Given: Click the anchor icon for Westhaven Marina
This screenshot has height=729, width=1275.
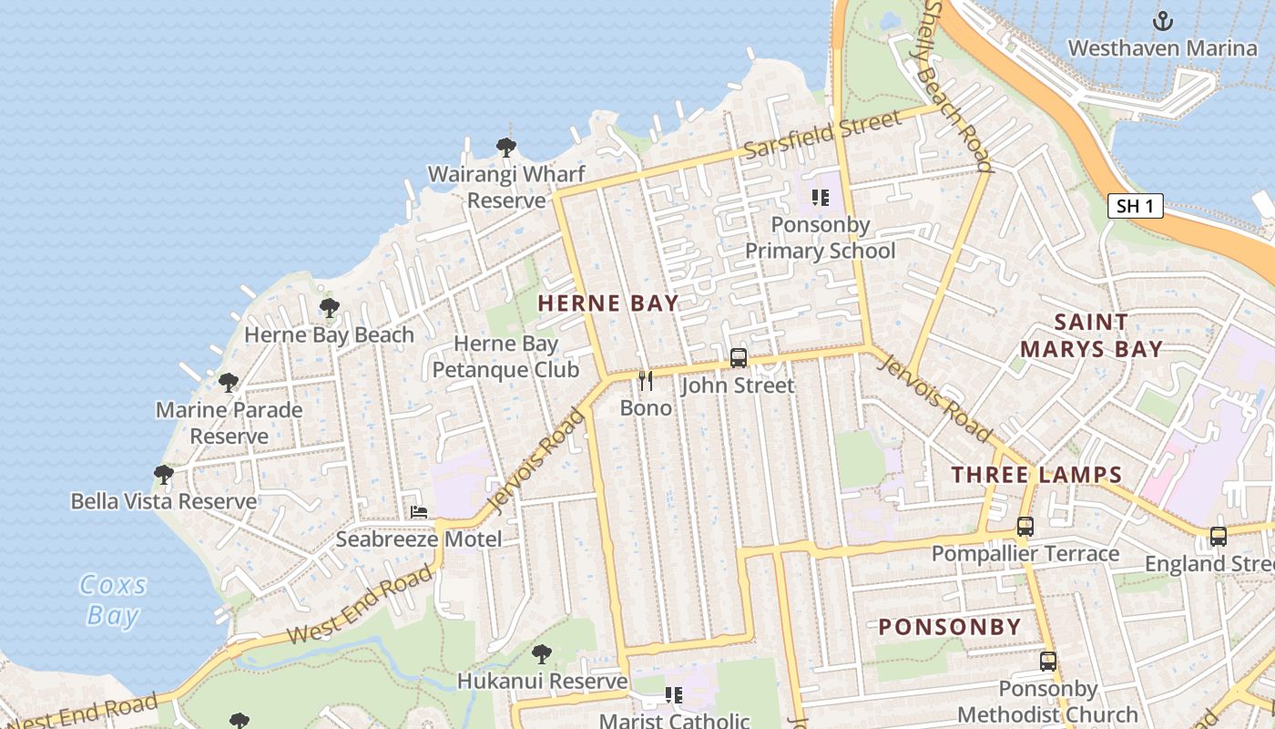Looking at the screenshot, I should [x=1162, y=21].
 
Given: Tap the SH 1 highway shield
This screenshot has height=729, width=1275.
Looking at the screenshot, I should [x=1135, y=206].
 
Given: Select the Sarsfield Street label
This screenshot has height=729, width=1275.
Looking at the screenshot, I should [x=823, y=134].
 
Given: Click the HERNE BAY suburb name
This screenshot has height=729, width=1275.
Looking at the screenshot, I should [x=607, y=303].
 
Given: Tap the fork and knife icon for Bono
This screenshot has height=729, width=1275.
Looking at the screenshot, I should [x=646, y=380].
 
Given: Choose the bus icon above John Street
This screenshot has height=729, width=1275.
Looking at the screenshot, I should [x=738, y=358].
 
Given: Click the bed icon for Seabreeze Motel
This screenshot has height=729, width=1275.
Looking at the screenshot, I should [x=419, y=511].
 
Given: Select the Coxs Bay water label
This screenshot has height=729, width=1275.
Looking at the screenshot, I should [x=113, y=600].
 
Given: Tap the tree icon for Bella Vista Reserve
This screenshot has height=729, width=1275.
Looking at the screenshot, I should [x=164, y=474].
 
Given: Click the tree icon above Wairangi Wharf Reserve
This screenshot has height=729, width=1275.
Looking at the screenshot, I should [x=506, y=146].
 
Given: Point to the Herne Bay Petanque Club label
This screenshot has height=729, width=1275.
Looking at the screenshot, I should [x=505, y=356].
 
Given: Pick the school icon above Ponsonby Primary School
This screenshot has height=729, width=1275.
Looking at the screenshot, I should [x=820, y=197].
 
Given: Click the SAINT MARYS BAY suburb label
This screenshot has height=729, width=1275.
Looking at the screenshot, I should [x=1090, y=335].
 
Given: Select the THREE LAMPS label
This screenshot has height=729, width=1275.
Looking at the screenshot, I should [x=1036, y=474].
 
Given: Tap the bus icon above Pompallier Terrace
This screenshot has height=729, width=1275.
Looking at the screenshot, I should [x=1025, y=527].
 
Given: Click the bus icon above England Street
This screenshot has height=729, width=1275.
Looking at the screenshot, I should [x=1218, y=537].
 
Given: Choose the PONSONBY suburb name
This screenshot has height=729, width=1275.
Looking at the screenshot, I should [x=950, y=627].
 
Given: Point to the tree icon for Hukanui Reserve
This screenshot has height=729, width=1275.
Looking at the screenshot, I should [x=542, y=653].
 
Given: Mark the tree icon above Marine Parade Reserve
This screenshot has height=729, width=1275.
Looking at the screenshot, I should [x=229, y=382].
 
